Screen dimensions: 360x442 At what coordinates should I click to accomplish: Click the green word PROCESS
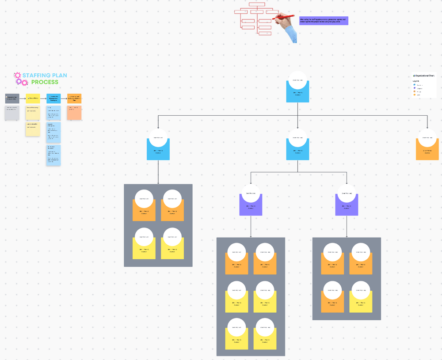(x=45, y=82)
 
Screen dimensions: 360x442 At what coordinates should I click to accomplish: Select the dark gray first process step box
(x=12, y=99)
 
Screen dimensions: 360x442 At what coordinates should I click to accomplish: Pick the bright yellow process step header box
(x=33, y=99)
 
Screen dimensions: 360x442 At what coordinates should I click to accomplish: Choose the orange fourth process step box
(x=74, y=99)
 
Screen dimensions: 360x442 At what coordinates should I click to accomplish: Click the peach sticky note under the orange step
(x=74, y=113)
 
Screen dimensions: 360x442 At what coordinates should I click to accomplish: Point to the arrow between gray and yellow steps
(x=23, y=99)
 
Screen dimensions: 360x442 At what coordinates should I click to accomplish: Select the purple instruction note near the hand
(x=324, y=21)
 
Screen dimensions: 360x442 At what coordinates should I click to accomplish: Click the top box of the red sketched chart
(x=256, y=4)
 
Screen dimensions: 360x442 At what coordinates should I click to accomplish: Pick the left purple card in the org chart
(x=251, y=206)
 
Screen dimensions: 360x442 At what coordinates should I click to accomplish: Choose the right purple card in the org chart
(x=347, y=206)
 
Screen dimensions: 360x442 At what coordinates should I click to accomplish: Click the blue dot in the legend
(x=414, y=85)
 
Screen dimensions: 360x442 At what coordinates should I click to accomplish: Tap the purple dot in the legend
(x=414, y=88)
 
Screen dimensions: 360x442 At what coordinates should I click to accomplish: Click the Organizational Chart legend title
(x=424, y=76)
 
